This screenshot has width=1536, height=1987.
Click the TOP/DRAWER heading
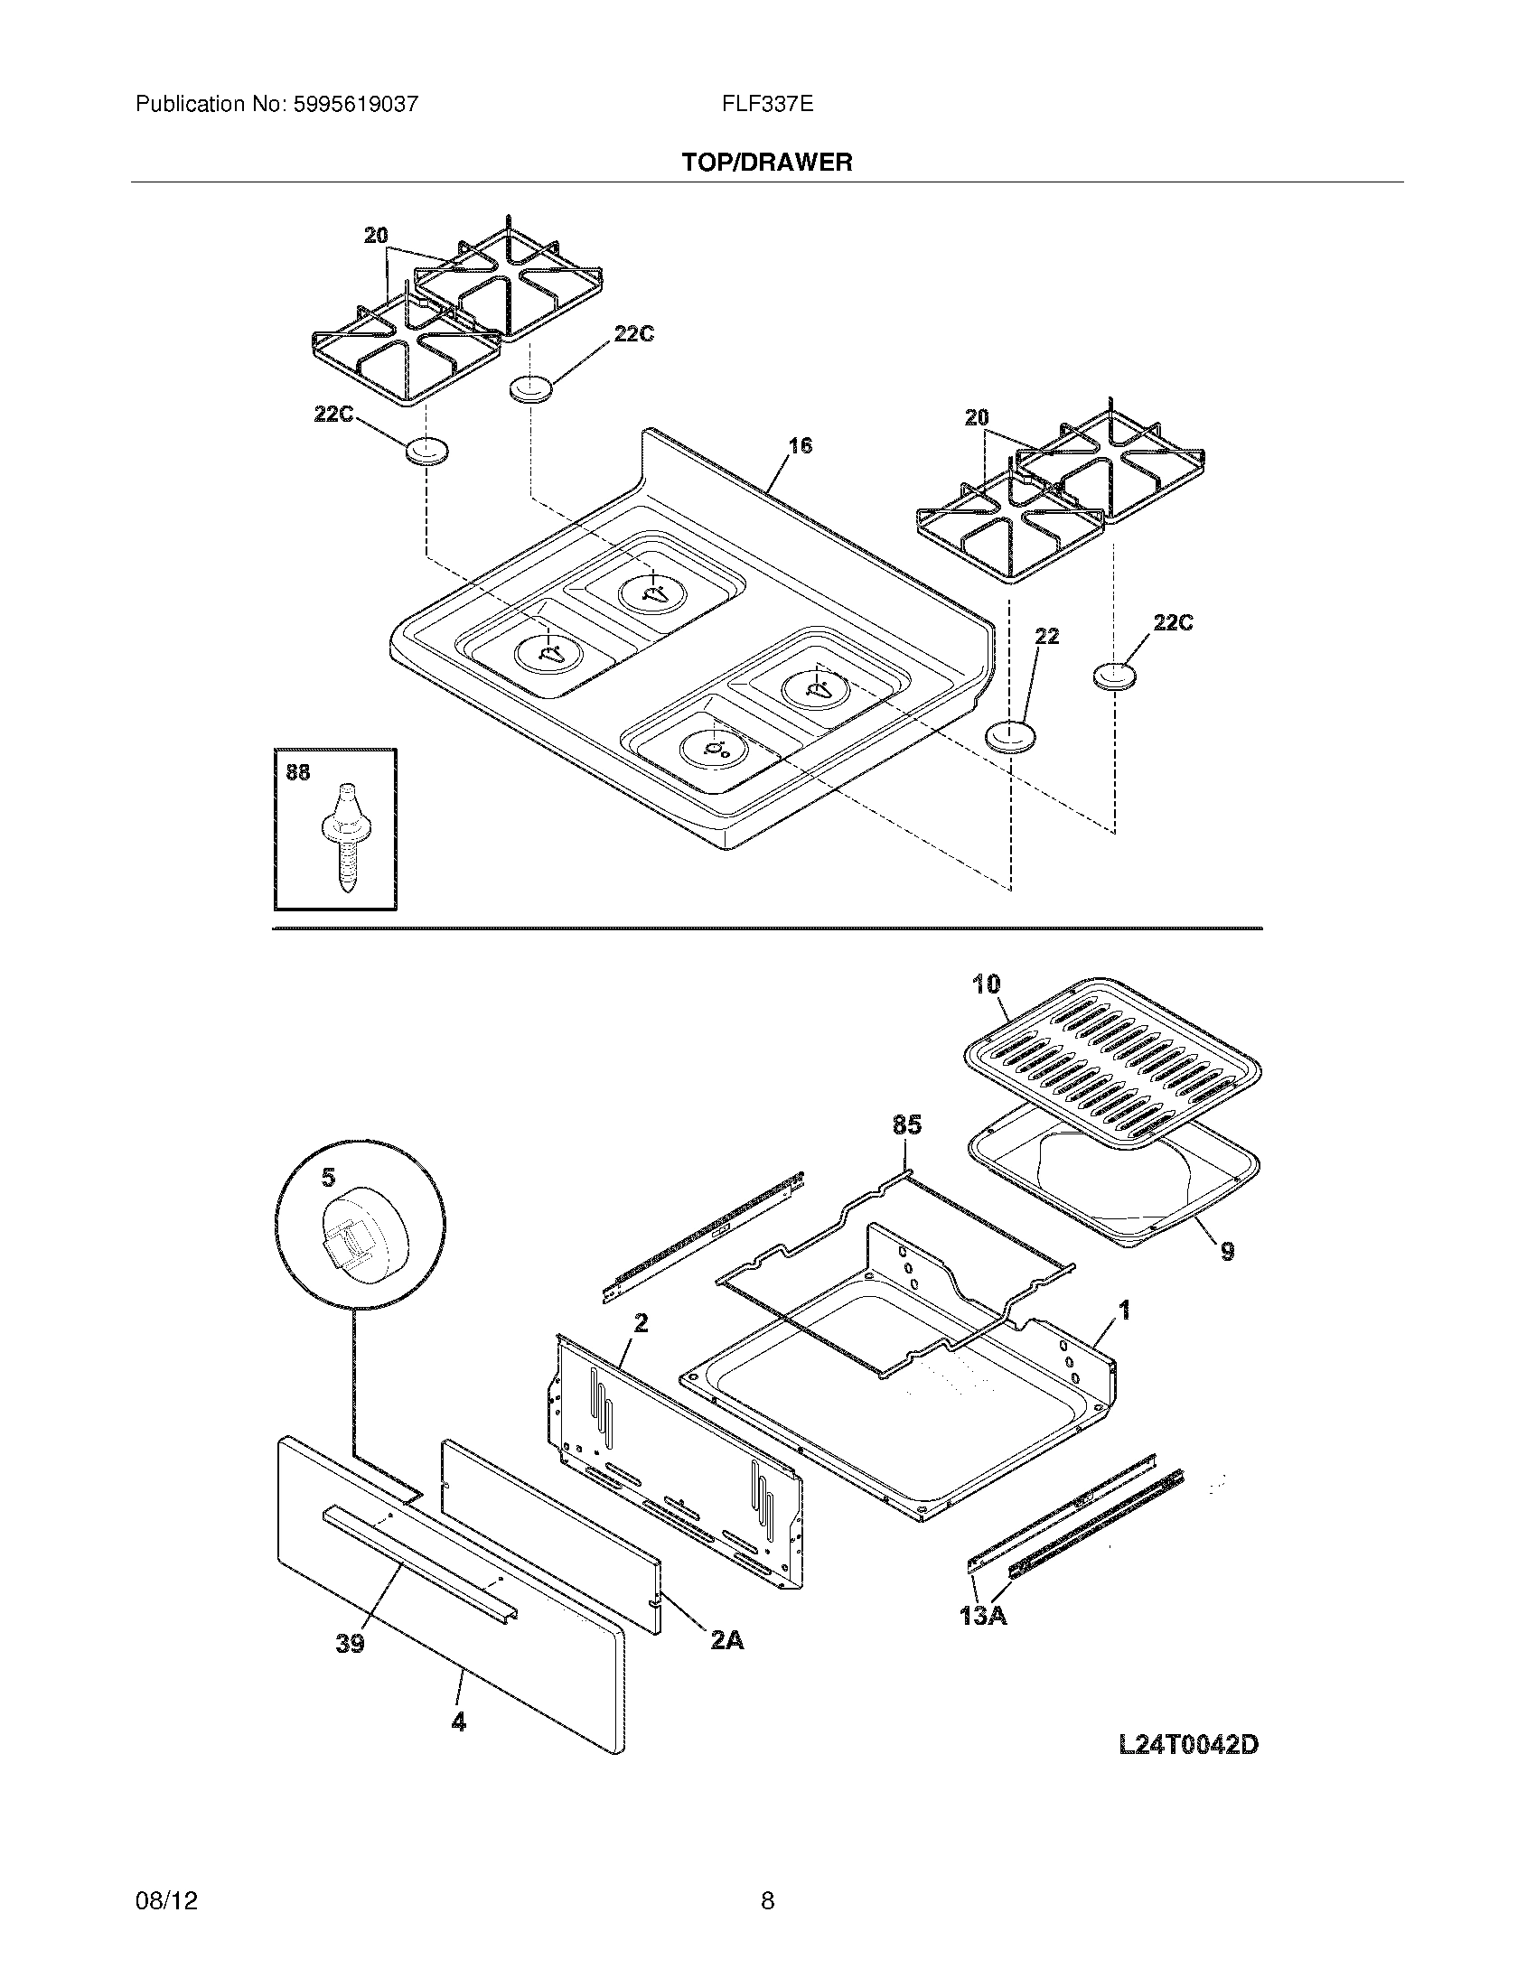pyautogui.click(x=767, y=163)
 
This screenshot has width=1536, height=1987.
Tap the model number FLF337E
pyautogui.click(x=767, y=105)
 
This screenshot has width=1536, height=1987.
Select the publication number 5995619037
pyautogui.click(x=356, y=105)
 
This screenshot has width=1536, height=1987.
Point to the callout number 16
pyautogui.click(x=800, y=445)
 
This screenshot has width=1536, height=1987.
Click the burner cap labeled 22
pyautogui.click(x=1011, y=735)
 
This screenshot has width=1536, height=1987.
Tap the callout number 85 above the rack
pyautogui.click(x=906, y=1125)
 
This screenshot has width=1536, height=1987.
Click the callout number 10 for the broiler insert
pyautogui.click(x=986, y=984)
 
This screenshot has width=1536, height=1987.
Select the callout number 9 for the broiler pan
pyautogui.click(x=1227, y=1252)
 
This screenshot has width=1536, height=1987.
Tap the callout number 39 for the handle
pyautogui.click(x=351, y=1644)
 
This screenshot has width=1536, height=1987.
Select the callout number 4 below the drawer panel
pyautogui.click(x=459, y=1722)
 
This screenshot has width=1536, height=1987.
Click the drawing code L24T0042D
pyautogui.click(x=1187, y=1745)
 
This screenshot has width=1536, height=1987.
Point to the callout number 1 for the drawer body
pyautogui.click(x=1125, y=1311)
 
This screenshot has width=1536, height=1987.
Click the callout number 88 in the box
pyautogui.click(x=297, y=772)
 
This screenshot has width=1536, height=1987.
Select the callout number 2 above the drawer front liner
pyautogui.click(x=641, y=1323)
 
